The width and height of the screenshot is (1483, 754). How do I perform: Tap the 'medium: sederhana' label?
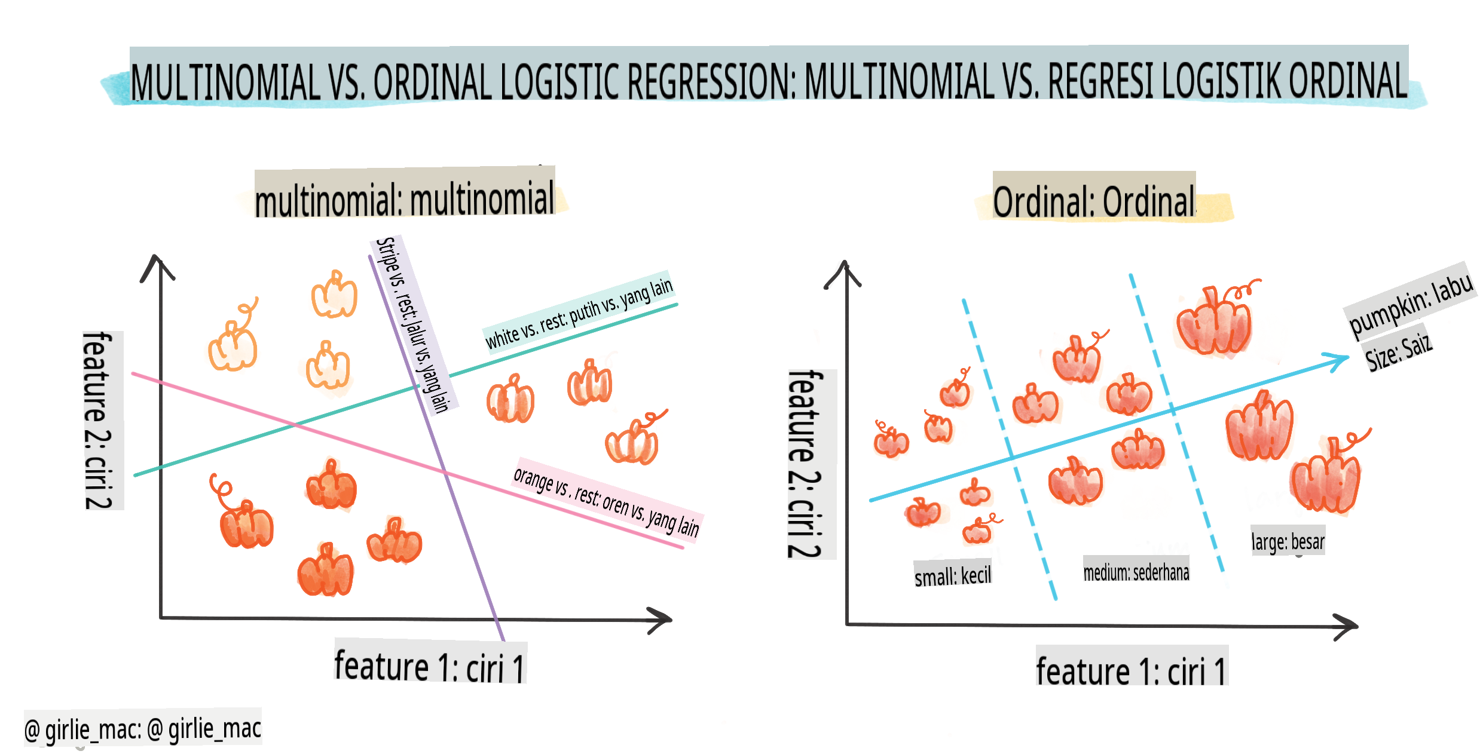tap(1136, 572)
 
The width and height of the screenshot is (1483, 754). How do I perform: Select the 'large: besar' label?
tap(1288, 541)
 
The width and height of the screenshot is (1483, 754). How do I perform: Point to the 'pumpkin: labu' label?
tap(1411, 302)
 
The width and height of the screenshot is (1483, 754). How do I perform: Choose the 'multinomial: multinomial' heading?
tap(405, 199)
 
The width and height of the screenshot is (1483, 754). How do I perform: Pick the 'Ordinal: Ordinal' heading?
tap(1094, 201)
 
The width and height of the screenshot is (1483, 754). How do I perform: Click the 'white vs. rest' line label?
tap(579, 312)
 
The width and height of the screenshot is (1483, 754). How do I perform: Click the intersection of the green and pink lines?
tap(295, 425)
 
